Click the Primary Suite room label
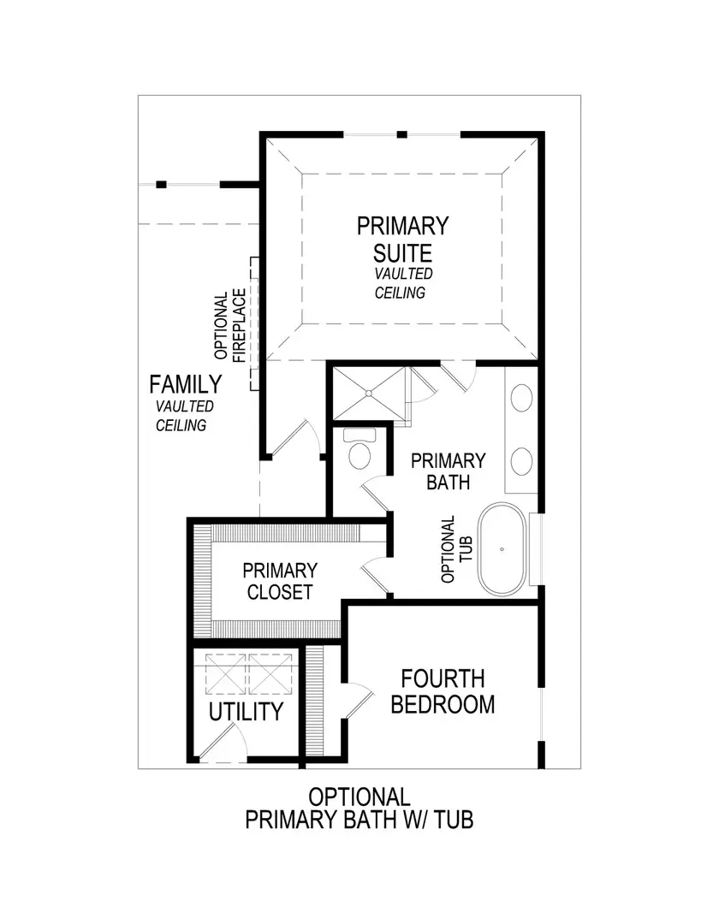(x=402, y=239)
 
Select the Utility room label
(x=247, y=711)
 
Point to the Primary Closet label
(x=279, y=580)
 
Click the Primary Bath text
(x=448, y=471)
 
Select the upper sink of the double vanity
(x=521, y=400)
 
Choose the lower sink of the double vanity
(x=521, y=461)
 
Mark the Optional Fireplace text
(x=230, y=324)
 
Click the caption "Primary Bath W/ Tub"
(x=359, y=820)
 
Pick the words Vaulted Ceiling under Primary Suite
(x=402, y=283)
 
